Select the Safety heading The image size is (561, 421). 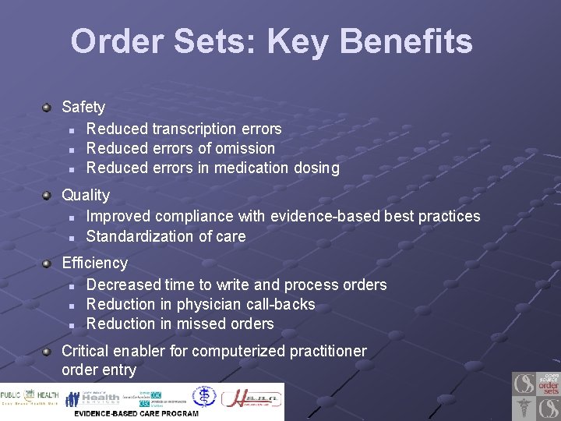[x=83, y=107]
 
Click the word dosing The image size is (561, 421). [x=316, y=168]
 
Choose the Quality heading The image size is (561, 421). [x=86, y=195]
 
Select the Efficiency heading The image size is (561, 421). [x=94, y=263]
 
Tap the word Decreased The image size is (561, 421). [x=122, y=285]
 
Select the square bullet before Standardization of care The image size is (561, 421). [x=71, y=237]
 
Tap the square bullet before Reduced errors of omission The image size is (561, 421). [x=71, y=149]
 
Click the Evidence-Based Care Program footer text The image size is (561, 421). [x=136, y=413]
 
